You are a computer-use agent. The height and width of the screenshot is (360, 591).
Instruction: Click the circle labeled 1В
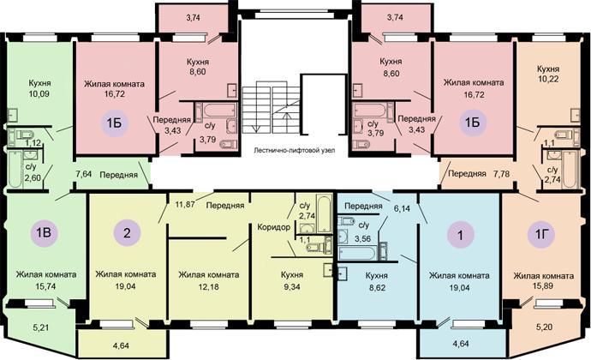pyautogui.click(x=44, y=232)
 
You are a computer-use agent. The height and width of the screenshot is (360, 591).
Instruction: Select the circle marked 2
pyautogui.click(x=127, y=232)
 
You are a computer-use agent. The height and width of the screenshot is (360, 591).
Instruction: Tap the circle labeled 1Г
pyautogui.click(x=541, y=235)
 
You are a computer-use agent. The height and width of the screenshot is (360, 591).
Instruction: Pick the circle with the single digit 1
pyautogui.click(x=460, y=235)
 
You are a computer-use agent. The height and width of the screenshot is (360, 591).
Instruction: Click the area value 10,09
pyautogui.click(x=39, y=94)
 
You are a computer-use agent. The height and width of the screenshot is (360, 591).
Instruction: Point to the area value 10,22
pyautogui.click(x=548, y=79)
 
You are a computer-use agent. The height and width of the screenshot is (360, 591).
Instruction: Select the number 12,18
pyautogui.click(x=208, y=287)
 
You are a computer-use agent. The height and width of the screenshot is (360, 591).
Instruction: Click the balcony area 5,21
pyautogui.click(x=41, y=327)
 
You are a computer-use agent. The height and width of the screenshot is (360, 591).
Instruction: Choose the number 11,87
pyautogui.click(x=185, y=205)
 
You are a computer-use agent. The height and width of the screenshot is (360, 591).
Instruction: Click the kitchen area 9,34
pyautogui.click(x=292, y=287)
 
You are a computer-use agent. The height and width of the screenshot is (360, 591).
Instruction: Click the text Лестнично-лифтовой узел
pyautogui.click(x=295, y=150)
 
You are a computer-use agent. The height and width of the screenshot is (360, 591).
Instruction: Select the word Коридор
pyautogui.click(x=274, y=227)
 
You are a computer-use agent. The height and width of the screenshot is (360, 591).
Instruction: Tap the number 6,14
pyautogui.click(x=402, y=208)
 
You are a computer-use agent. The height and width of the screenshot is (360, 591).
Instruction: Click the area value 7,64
pyautogui.click(x=84, y=174)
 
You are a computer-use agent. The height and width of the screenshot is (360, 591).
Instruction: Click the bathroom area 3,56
pyautogui.click(x=362, y=238)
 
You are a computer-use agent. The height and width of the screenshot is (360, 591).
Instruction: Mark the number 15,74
pyautogui.click(x=45, y=286)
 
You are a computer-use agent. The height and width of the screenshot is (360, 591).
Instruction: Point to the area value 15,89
pyautogui.click(x=544, y=286)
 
